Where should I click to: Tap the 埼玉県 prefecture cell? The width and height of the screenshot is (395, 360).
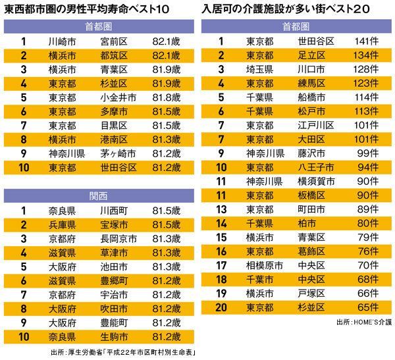[260, 69]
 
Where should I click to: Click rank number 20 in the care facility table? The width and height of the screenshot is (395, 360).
[221, 307]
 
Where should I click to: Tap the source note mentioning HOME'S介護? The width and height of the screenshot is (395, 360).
[363, 322]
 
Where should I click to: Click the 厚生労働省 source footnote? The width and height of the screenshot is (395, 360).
[125, 352]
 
